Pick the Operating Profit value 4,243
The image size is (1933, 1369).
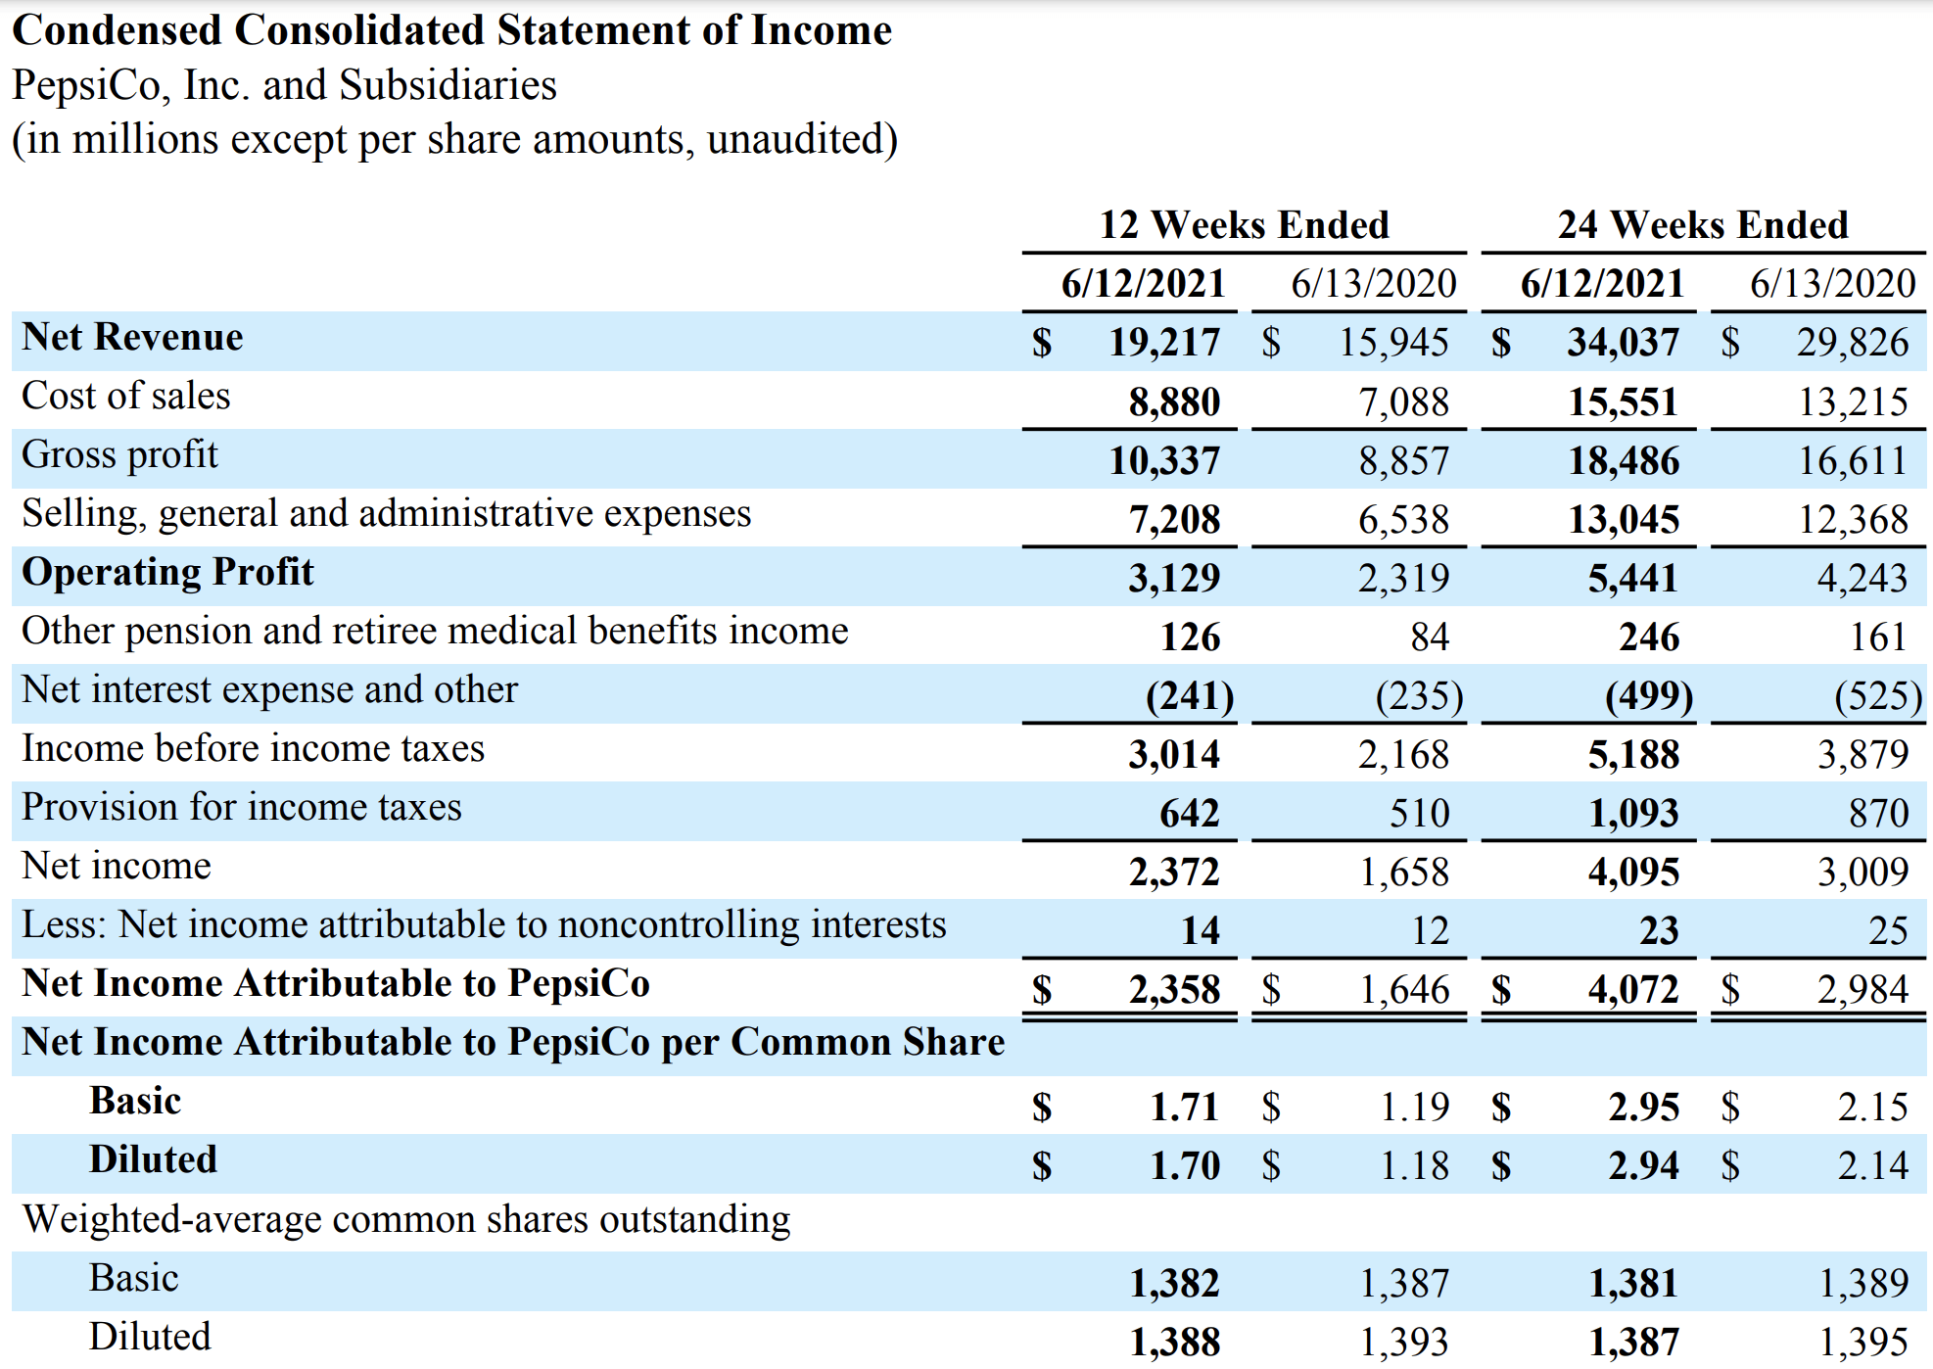[1862, 578]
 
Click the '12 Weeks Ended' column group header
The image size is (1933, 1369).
[1244, 225]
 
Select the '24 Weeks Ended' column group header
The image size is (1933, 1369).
[1703, 225]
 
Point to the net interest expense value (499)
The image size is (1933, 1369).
[1648, 695]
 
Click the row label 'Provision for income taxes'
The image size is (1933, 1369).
[241, 808]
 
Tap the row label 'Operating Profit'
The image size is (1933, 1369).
[167, 573]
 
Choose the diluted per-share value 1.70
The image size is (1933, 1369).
[1184, 1165]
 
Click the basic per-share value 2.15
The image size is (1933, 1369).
[1871, 1107]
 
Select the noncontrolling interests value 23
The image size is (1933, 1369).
[1659, 930]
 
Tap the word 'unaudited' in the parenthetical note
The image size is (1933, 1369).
[795, 139]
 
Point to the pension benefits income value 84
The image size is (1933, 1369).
[1429, 637]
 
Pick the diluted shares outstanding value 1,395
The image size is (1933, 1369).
[1862, 1342]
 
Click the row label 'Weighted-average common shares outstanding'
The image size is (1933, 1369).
[405, 1220]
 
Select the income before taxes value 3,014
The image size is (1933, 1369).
[1173, 754]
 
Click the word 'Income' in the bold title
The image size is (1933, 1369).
[821, 30]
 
